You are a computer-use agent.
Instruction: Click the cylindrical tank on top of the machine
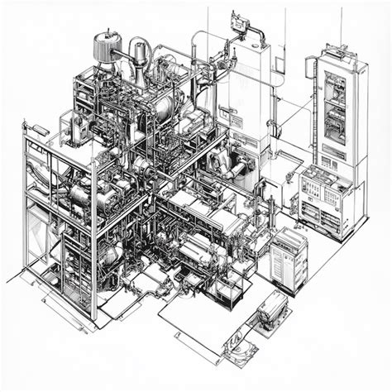pos(105,47)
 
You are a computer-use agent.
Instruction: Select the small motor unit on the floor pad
pos(270,311)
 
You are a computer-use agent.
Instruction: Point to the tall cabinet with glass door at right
pos(336,112)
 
